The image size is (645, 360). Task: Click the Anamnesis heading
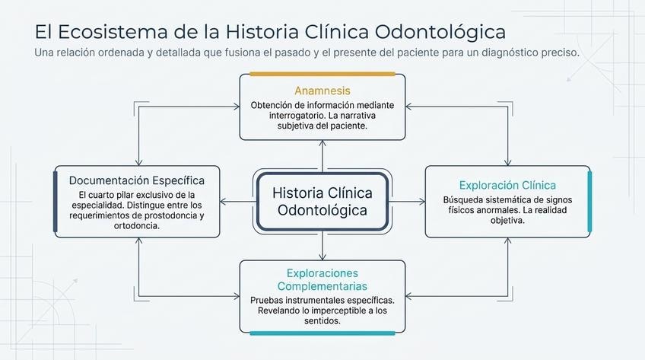click(x=322, y=91)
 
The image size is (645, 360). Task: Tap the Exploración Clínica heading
click(x=507, y=185)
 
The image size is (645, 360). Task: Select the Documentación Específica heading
click(x=137, y=180)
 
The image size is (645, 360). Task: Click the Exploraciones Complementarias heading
click(x=322, y=279)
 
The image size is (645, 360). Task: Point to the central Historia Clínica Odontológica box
click(x=322, y=202)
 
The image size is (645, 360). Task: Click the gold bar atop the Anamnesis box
click(x=322, y=74)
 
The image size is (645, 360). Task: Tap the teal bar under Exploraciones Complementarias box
click(x=322, y=333)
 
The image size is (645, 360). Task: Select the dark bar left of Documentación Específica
click(x=56, y=202)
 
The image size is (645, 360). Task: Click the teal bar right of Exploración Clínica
click(x=590, y=202)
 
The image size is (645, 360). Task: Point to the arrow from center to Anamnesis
click(x=322, y=156)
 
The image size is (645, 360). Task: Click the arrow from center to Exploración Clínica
click(x=407, y=202)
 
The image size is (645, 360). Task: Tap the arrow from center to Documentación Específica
click(x=238, y=202)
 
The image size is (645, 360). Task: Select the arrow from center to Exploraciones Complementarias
click(x=322, y=246)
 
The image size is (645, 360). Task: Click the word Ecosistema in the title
click(x=113, y=32)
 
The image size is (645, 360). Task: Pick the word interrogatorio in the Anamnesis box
click(x=297, y=116)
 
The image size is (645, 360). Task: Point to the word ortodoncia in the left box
click(x=137, y=226)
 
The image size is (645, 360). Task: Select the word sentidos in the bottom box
click(x=322, y=321)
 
